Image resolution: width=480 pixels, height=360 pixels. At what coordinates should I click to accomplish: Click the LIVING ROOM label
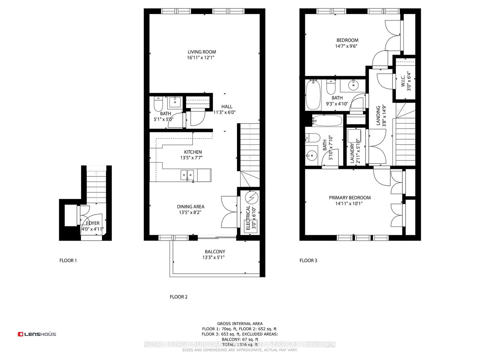point(202,52)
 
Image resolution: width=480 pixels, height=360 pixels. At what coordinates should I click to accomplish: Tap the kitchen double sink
point(187,175)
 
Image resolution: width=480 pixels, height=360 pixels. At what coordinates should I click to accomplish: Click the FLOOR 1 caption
point(68,260)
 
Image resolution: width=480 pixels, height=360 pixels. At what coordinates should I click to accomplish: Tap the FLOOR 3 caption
point(308,260)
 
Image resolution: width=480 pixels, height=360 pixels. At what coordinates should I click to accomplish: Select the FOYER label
point(93,223)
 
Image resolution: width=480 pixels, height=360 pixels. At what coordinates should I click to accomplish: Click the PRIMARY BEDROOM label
point(350,198)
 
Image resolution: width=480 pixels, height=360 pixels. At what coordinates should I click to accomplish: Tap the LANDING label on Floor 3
point(378,115)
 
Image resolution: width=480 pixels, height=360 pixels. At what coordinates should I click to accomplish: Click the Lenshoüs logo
point(37,334)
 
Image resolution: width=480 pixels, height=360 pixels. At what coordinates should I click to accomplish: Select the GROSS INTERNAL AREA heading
point(240,323)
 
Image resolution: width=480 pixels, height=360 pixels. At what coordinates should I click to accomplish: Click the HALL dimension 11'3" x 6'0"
point(224,112)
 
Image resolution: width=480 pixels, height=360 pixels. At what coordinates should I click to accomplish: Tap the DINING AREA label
point(190,207)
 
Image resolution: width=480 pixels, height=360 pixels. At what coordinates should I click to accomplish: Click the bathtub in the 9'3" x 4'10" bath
point(313,95)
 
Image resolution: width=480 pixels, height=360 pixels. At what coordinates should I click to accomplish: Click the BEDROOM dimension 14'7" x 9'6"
point(346,46)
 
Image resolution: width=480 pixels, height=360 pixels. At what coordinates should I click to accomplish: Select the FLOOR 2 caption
point(178,297)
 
